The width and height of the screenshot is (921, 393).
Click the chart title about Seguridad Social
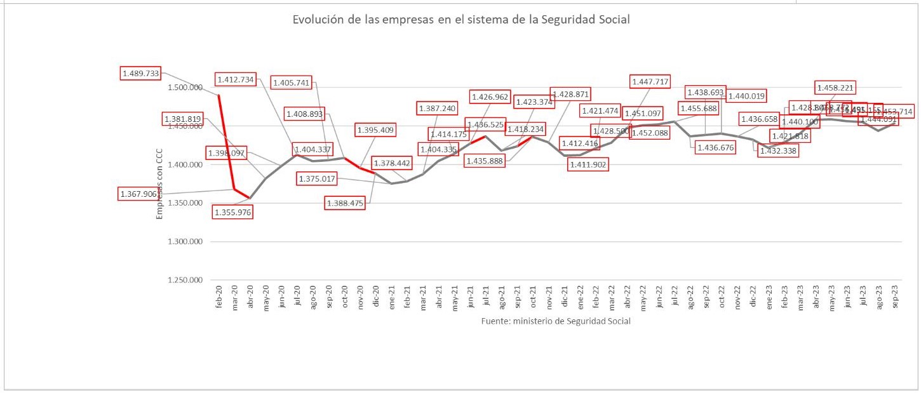coord(460,20)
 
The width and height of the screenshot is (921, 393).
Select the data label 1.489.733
coord(140,74)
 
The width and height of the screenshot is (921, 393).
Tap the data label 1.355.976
coord(232,213)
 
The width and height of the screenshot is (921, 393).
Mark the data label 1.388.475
coord(345,203)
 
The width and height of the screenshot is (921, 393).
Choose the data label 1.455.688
coord(699,109)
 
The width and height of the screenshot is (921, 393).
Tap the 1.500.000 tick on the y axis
coord(184,88)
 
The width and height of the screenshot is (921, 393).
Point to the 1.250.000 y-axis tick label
coord(184,280)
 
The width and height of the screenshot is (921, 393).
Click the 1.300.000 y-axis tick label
coord(184,242)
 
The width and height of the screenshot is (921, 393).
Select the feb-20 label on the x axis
coord(219,298)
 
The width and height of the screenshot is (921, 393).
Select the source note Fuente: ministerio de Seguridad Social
coord(556,321)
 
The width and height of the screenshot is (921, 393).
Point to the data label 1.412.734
coord(235,80)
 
